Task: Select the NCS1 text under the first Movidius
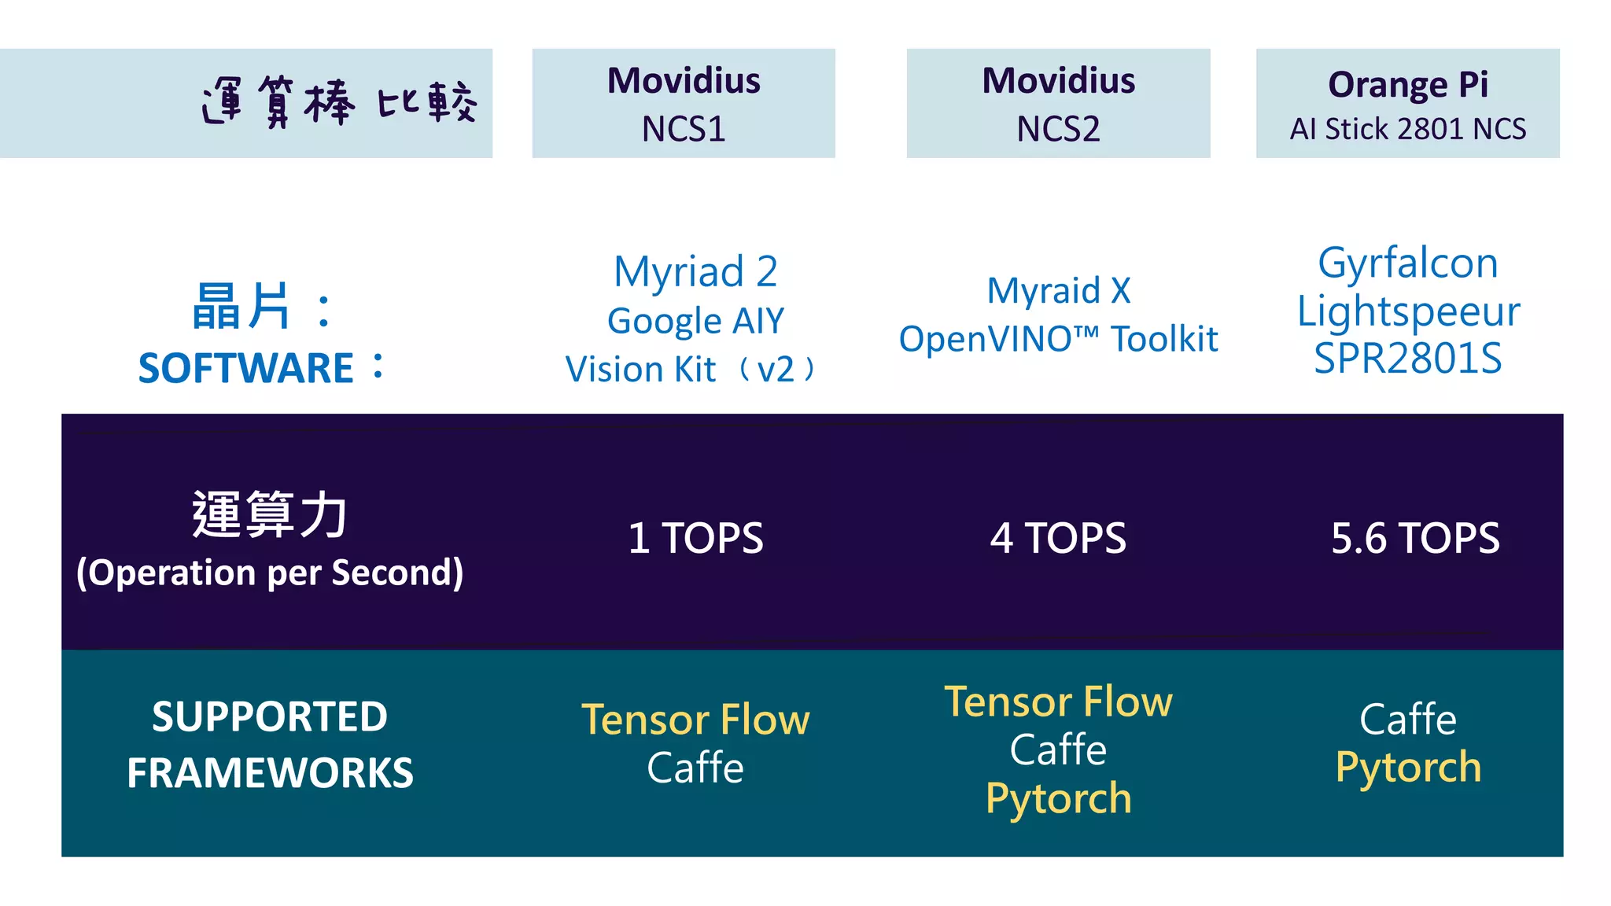click(683, 129)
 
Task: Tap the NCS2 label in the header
click(1058, 129)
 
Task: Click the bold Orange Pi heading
click(1407, 84)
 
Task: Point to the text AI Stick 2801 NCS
click(1407, 129)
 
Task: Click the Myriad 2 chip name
click(695, 272)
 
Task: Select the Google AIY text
click(695, 321)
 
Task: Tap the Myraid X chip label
click(1058, 291)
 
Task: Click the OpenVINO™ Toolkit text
click(1058, 340)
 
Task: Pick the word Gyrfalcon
click(1407, 263)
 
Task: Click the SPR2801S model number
click(1407, 359)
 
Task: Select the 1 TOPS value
click(695, 539)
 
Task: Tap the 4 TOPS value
click(1058, 539)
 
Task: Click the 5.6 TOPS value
click(1414, 539)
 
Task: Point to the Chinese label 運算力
click(269, 515)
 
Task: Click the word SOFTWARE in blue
click(245, 368)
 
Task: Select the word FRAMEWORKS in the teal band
click(269, 772)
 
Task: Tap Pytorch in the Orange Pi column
click(1407, 768)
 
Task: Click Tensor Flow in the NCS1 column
click(695, 720)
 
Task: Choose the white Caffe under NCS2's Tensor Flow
click(1058, 749)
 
